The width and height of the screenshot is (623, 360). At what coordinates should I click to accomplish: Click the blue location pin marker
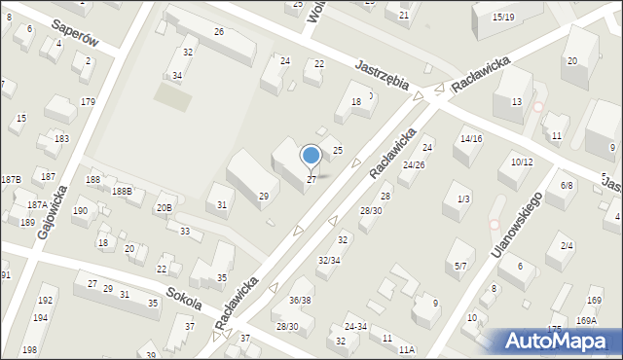[x=311, y=156]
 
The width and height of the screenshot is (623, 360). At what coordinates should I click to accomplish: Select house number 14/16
[x=471, y=139]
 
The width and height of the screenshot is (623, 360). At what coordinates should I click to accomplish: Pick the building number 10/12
[x=521, y=162]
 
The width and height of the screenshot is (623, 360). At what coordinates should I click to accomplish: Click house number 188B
[x=122, y=192]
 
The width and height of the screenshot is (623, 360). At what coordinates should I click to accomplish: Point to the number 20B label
[x=165, y=207]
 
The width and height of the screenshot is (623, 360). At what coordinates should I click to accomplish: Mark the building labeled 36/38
[x=300, y=301]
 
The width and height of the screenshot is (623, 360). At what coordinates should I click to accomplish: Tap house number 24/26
[x=414, y=164]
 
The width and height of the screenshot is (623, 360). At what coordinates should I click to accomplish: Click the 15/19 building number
[x=503, y=18]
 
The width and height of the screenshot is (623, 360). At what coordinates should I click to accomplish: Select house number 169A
[x=586, y=320]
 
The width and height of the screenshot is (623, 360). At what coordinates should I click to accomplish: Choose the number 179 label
[x=88, y=102]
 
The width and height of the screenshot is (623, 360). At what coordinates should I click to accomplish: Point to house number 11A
[x=406, y=348]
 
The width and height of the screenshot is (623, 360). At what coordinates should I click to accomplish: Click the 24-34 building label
[x=356, y=327]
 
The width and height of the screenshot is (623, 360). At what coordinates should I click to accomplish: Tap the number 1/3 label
[x=463, y=199]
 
